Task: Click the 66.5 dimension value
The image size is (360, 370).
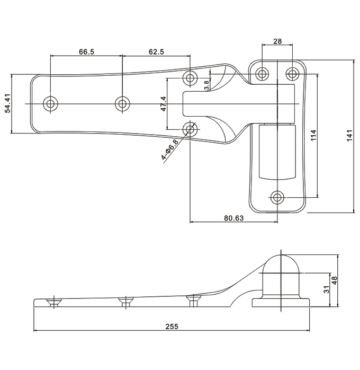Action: pos(87,52)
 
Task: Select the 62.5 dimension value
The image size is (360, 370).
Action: pos(156,52)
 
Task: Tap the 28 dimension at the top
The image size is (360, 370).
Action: pos(277,41)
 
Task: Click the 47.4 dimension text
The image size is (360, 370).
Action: pos(163,104)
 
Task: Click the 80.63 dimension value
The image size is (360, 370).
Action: pos(233,218)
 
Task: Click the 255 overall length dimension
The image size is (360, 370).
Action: pos(171,327)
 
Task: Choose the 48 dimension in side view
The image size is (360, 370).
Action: pos(334,280)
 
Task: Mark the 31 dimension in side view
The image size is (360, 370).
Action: pos(324,289)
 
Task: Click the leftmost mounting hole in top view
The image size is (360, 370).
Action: pos(51,103)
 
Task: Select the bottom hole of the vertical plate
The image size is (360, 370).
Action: pos(277,197)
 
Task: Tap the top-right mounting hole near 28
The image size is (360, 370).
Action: pos(292,74)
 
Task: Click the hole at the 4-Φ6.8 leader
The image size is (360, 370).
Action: pos(191,128)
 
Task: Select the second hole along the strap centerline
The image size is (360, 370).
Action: pos(123,103)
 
